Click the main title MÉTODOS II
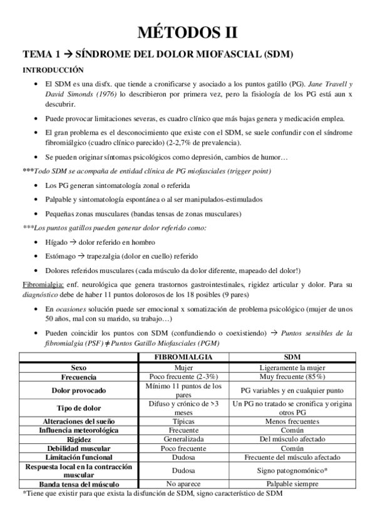pyautogui.click(x=187, y=31)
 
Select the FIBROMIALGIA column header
pyautogui.click(x=183, y=356)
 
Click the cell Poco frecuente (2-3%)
pyautogui.click(x=183, y=378)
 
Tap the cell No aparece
pyautogui.click(x=183, y=484)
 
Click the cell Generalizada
pyautogui.click(x=183, y=439)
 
